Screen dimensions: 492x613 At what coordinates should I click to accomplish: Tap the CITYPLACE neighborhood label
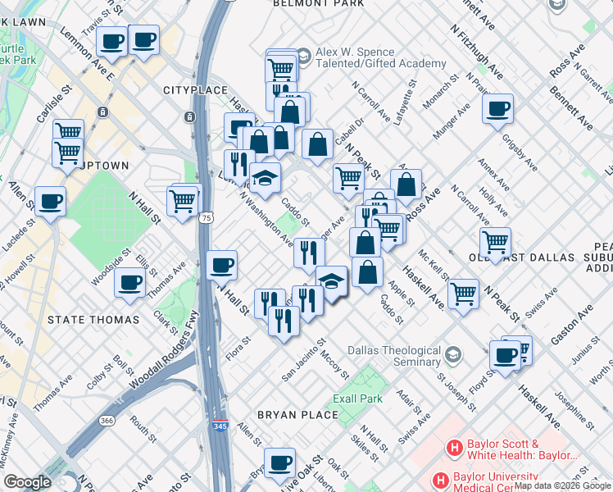pyautogui.click(x=193, y=89)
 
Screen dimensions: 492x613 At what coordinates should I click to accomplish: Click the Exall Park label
pyautogui.click(x=357, y=399)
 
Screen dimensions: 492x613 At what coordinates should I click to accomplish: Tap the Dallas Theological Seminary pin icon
pyautogui.click(x=453, y=355)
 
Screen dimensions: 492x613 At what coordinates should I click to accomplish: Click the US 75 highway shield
pyautogui.click(x=207, y=217)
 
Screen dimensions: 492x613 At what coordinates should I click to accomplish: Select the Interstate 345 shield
pyautogui.click(x=217, y=426)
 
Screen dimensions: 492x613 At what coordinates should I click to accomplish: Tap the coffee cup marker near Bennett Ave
pyautogui.click(x=497, y=108)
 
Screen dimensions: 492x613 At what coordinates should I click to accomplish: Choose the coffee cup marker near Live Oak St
pyautogui.click(x=280, y=461)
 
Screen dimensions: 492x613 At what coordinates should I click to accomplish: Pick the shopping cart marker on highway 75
pyautogui.click(x=182, y=198)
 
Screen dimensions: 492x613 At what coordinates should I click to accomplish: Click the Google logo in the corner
pyautogui.click(x=27, y=482)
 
